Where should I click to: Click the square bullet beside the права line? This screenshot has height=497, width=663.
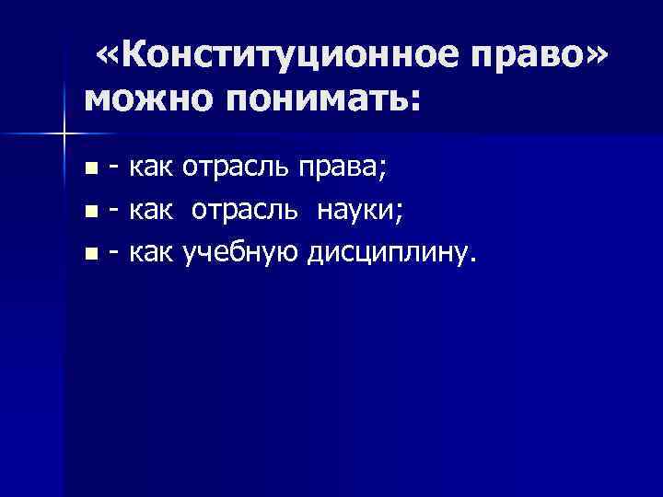89,168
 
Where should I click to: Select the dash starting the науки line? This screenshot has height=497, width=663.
114,210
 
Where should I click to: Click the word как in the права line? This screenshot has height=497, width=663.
152,167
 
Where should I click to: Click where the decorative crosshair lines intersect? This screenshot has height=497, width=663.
64,135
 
